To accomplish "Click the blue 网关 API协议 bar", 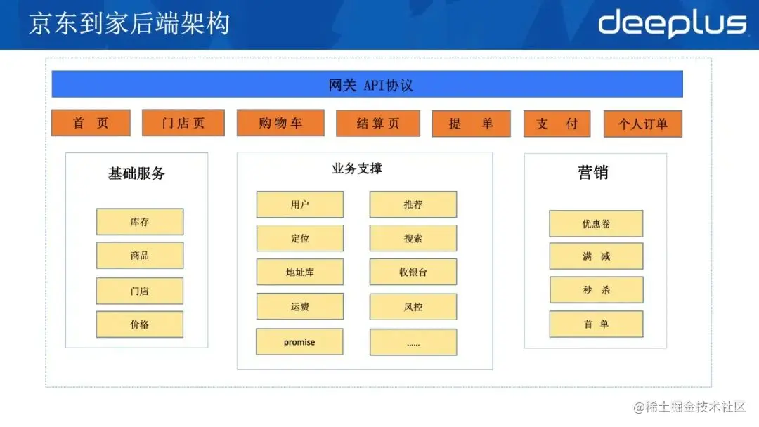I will pos(367,84).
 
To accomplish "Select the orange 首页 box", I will pos(91,123).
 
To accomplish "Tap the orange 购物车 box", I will pos(280,123).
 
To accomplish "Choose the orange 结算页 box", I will pos(378,124).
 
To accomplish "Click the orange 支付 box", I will pos(557,124).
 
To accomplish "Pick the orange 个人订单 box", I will pos(642,124).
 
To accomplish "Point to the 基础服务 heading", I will pos(136,173).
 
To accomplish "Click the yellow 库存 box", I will pos(140,222).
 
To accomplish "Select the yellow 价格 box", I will pos(140,324).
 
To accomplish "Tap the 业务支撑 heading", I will pos(357,169).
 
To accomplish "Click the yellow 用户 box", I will pos(300,204).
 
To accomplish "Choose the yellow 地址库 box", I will pos(300,272).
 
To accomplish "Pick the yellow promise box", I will pos(299,342).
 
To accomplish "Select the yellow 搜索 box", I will pos(413,238).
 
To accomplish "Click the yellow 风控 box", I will pos(413,307).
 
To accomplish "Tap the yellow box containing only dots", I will pos(413,343).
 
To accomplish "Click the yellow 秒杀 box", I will pos(596,289).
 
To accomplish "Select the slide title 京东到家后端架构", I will pos(129,24).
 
